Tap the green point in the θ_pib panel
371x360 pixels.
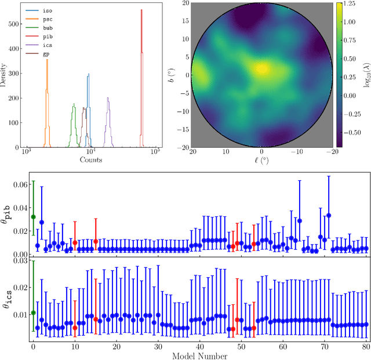tap(33, 217)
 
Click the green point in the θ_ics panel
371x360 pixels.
tap(33, 313)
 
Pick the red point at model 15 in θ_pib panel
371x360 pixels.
tap(96, 242)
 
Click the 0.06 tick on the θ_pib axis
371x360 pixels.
tap(19, 184)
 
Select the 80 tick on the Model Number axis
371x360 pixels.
tap(366, 346)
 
